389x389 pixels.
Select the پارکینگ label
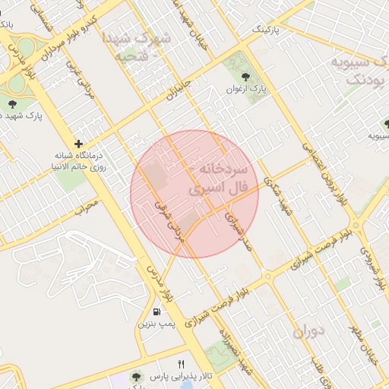(x=266, y=30)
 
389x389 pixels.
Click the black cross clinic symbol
(x=79, y=144)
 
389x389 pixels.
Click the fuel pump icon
(x=157, y=312)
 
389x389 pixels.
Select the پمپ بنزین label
(x=157, y=324)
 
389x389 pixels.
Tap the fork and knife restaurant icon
(x=181, y=364)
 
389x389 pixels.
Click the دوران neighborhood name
(x=308, y=330)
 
